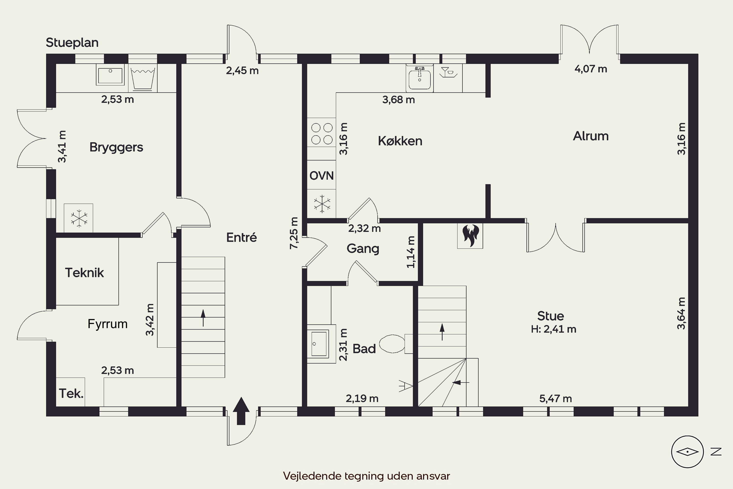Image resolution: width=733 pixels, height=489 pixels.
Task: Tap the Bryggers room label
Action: pyautogui.click(x=116, y=147)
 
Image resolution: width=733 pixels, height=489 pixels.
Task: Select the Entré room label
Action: pyautogui.click(x=242, y=237)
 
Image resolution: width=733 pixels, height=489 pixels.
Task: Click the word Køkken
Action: pyautogui.click(x=400, y=141)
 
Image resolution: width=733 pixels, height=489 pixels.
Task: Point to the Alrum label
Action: pyautogui.click(x=591, y=136)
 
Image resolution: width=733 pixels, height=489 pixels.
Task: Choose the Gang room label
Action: pyautogui.click(x=363, y=249)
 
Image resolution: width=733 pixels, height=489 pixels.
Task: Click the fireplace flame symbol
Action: pyautogui.click(x=470, y=236)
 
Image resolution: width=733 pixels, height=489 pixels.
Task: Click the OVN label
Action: pyautogui.click(x=322, y=176)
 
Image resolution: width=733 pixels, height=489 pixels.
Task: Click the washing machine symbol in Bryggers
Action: pyautogui.click(x=143, y=78)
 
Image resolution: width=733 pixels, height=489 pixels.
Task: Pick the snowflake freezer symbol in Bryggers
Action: pyautogui.click(x=79, y=218)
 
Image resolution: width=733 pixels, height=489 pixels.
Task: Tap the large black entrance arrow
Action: pyautogui.click(x=241, y=411)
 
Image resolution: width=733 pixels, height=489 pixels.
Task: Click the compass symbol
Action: pyautogui.click(x=688, y=452)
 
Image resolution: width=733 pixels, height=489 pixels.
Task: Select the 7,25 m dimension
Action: pyautogui.click(x=294, y=233)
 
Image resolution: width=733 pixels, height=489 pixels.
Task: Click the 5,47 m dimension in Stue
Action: pyautogui.click(x=556, y=399)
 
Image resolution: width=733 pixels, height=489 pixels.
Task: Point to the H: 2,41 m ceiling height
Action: pyautogui.click(x=553, y=329)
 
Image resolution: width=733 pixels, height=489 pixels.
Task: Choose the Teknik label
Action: pyautogui.click(x=85, y=273)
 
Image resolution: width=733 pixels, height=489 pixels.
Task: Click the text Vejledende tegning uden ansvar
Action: pyautogui.click(x=366, y=476)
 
